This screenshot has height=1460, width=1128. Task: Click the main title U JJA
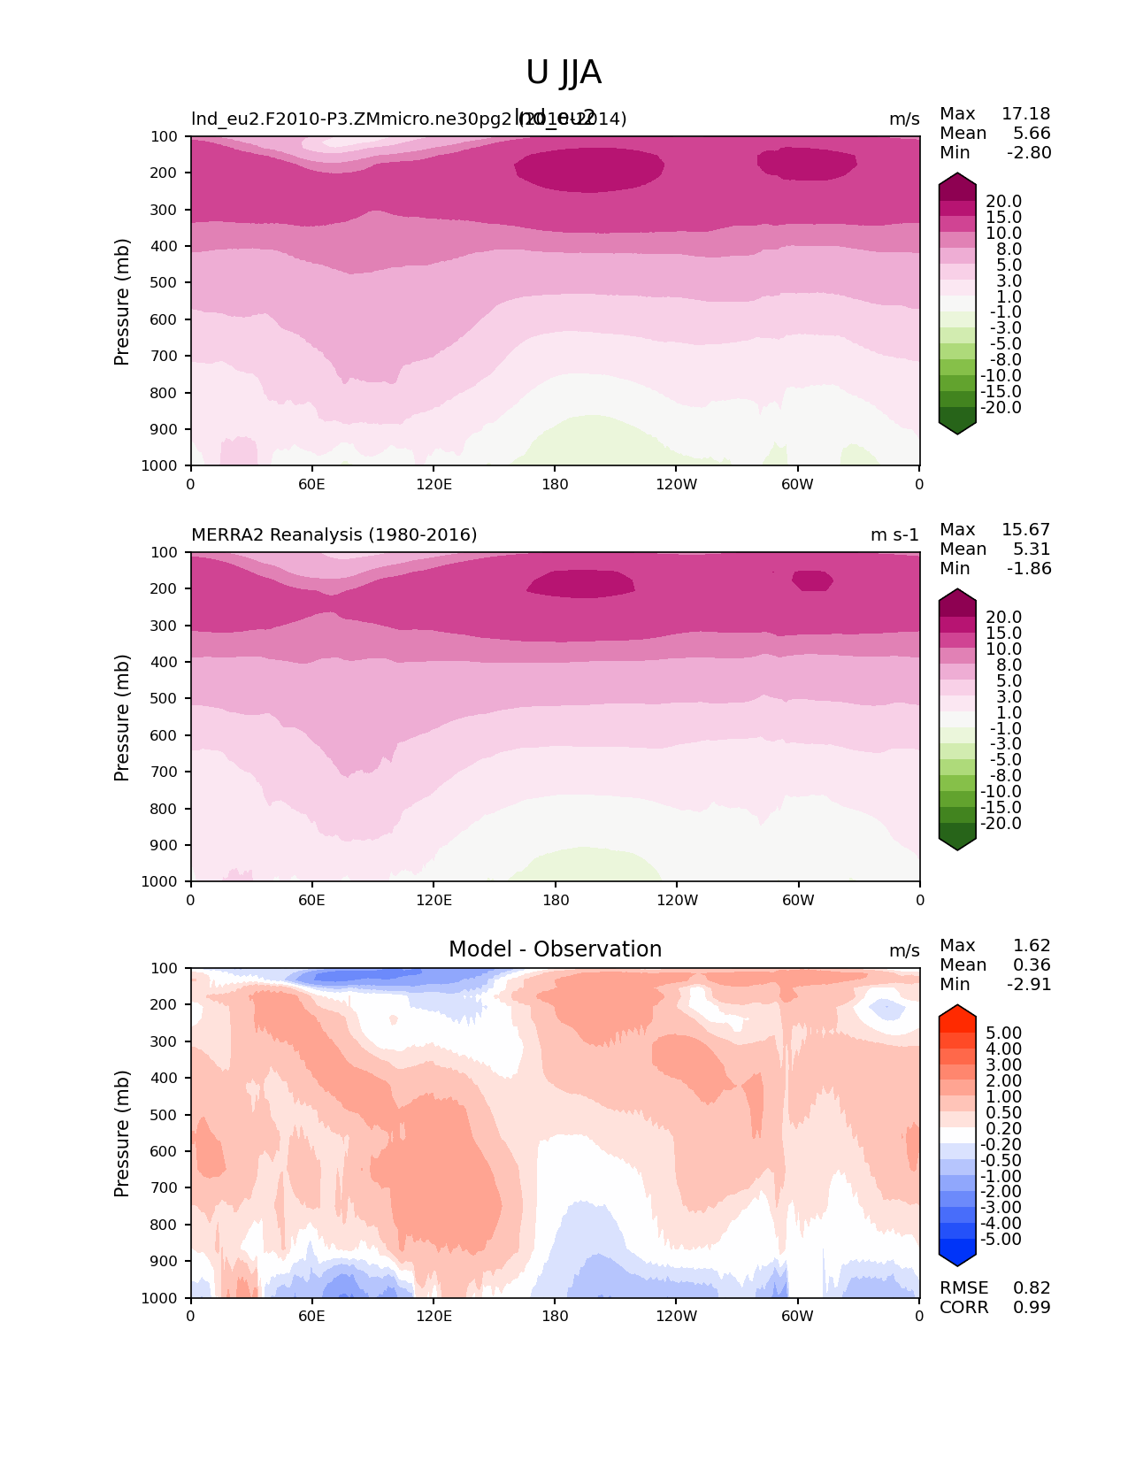pos(564,73)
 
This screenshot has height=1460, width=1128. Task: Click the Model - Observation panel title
pos(555,949)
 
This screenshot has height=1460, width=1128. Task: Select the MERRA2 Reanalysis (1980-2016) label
pos(334,534)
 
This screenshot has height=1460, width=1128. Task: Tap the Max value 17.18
pos(1025,113)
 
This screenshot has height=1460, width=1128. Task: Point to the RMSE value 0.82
pos(1032,1287)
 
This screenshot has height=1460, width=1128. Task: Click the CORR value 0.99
pos(1032,1307)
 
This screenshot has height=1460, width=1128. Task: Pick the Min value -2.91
pos(1029,984)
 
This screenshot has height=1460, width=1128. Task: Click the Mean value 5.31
pos(1032,549)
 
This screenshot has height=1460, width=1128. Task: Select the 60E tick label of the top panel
pos(311,484)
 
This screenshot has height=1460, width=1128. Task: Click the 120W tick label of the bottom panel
pos(676,1316)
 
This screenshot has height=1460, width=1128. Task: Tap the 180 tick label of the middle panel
pos(555,900)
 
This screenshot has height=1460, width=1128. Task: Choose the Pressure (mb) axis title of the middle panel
pos(122,717)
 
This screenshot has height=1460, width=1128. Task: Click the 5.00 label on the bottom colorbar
pos(1003,1033)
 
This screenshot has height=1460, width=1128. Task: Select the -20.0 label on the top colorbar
pos(1003,407)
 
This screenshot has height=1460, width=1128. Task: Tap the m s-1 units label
pos(894,534)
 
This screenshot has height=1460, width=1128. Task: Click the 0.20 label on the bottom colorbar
pos(1003,1128)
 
